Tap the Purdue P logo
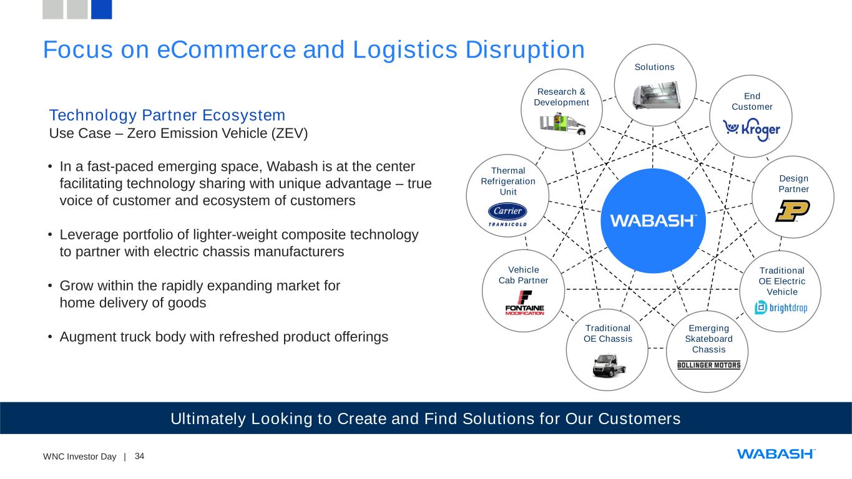click(x=792, y=211)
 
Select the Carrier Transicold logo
click(x=507, y=215)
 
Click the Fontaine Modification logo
click(x=524, y=304)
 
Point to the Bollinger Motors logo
click(x=708, y=365)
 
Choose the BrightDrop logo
click(x=781, y=307)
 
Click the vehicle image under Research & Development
click(x=562, y=125)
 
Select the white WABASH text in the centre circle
click(x=653, y=221)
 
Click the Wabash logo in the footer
click(x=776, y=453)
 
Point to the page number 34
click(x=139, y=457)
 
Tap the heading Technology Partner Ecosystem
click(x=167, y=115)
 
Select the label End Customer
click(x=752, y=102)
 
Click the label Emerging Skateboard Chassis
click(x=708, y=339)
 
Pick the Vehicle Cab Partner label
click(x=523, y=275)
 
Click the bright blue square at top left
click(x=101, y=9)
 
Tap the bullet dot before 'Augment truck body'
click(x=50, y=337)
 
